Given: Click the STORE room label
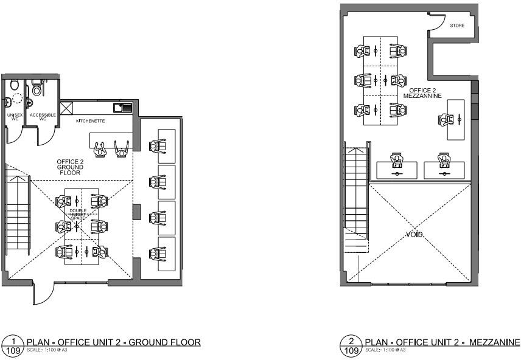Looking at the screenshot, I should [456, 26].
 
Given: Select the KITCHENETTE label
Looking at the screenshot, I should [90, 121].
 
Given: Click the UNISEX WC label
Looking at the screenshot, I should [15, 116].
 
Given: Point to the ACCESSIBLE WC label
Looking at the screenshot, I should [43, 116].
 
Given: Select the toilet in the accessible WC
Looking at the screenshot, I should [37, 89].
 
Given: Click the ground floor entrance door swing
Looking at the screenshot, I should [41, 296].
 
